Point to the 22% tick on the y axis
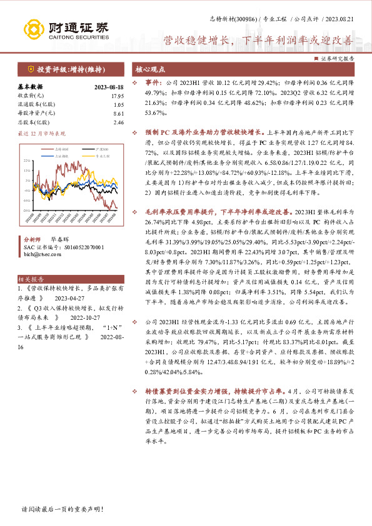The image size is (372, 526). [x=26, y=161]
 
